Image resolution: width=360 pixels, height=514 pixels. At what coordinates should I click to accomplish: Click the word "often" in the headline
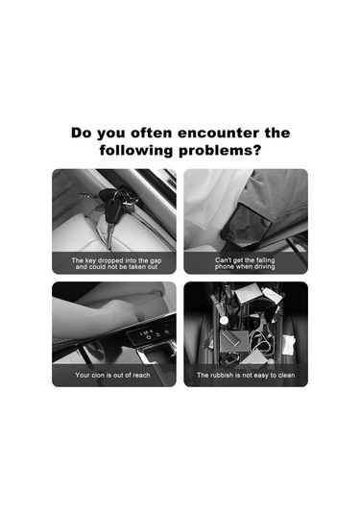click(151, 133)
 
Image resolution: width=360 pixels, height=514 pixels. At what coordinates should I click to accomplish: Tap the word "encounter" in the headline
click(219, 133)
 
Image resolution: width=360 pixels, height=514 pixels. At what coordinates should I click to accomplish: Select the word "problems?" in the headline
click(220, 151)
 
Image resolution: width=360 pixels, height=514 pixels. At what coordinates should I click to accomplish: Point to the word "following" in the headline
click(136, 151)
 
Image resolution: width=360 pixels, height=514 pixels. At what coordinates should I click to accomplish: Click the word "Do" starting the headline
click(82, 133)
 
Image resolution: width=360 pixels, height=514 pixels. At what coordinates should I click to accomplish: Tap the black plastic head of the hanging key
click(111, 212)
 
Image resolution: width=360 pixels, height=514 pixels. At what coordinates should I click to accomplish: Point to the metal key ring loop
click(120, 195)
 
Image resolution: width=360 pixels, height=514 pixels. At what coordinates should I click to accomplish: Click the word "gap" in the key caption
click(156, 261)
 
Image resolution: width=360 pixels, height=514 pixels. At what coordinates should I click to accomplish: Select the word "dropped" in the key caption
click(110, 261)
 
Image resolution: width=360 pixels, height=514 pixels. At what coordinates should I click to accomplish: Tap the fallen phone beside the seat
click(247, 225)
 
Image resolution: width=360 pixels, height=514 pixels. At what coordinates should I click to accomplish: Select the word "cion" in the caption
click(98, 375)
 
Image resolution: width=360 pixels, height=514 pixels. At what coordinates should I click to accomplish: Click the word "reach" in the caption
click(141, 375)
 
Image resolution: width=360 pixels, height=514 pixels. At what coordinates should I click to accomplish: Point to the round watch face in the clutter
click(224, 320)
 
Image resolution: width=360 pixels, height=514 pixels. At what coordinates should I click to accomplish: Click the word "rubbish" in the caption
click(222, 375)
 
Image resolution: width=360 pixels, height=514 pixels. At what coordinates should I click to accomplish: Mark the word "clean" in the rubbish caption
click(286, 375)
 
